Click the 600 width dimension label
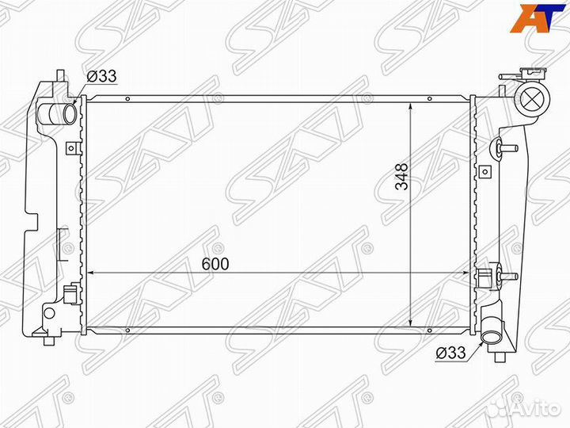tap(215, 264)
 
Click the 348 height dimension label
tap(401, 177)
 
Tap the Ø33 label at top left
tap(101, 76)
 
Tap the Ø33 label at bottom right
tap(450, 353)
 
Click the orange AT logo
tap(534, 17)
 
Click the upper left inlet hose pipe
tap(56, 113)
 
